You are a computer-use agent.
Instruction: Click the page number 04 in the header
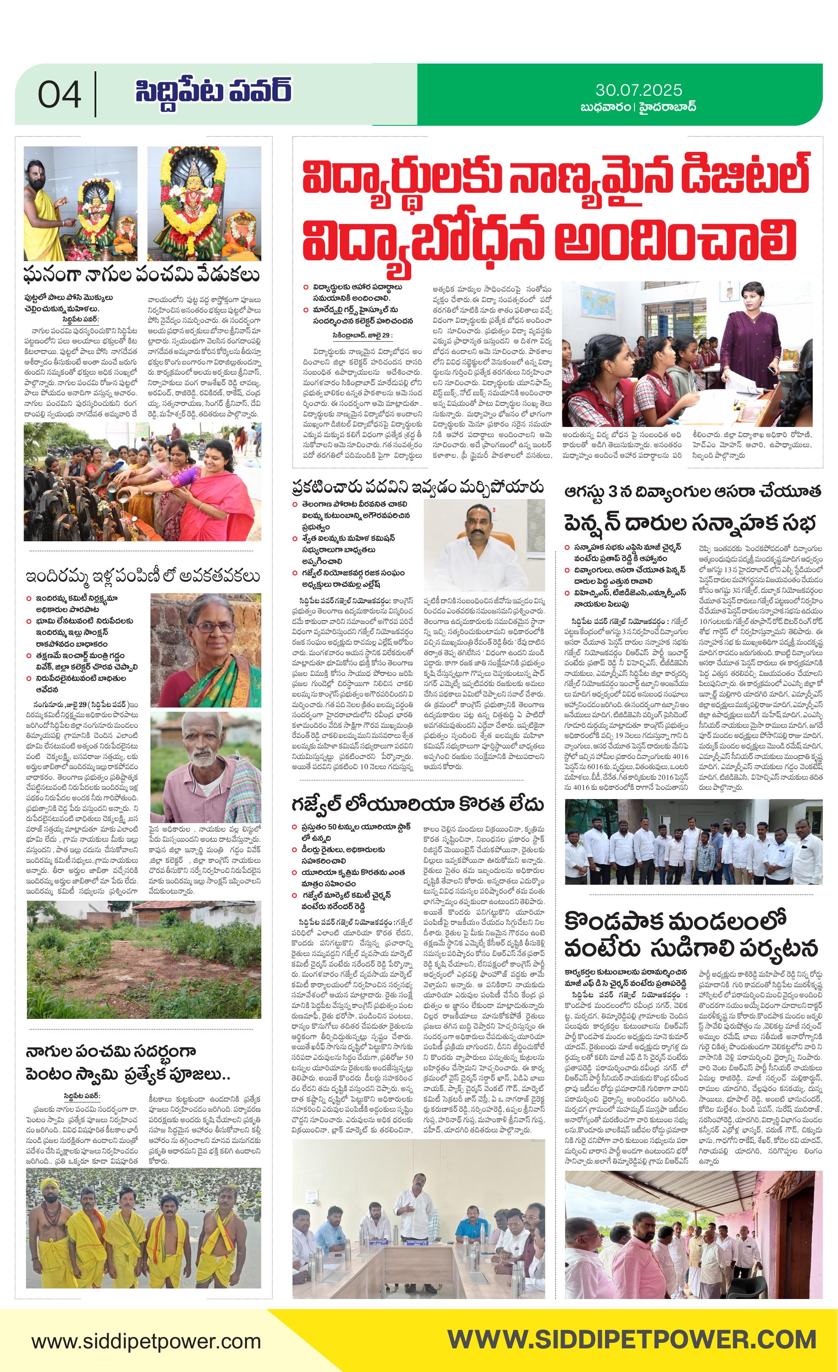pyautogui.click(x=60, y=95)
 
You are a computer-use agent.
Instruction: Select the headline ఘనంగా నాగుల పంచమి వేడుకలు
pyautogui.click(x=142, y=275)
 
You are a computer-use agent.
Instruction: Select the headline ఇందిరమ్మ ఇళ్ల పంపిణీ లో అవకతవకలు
pyautogui.click(x=142, y=575)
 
